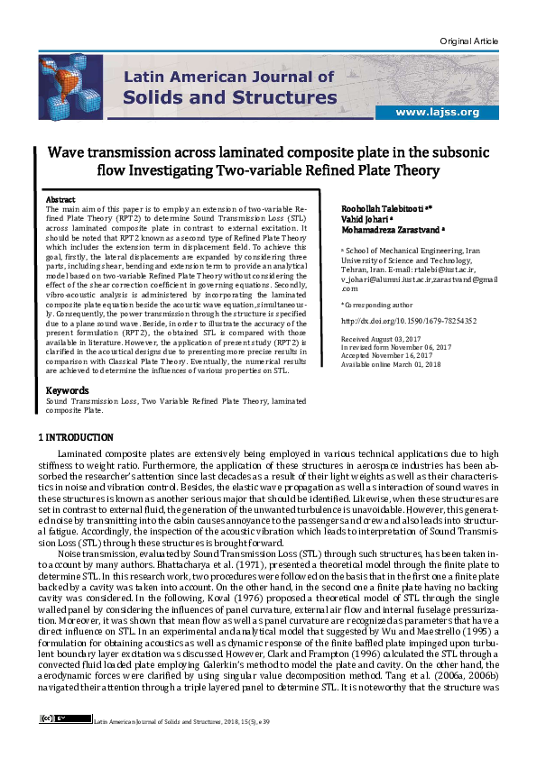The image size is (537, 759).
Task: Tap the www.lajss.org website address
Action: click(443, 112)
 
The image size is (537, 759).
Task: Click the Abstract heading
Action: click(60, 198)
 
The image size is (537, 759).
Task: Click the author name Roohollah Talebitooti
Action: click(376, 207)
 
